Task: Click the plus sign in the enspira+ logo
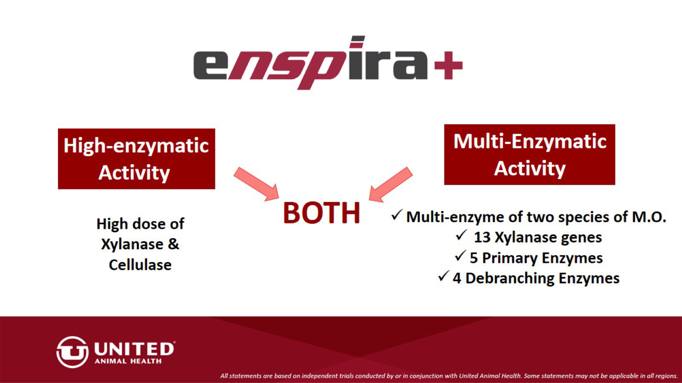(448, 65)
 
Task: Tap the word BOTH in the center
(322, 213)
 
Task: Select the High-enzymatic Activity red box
(136, 159)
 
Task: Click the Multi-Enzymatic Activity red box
(530, 155)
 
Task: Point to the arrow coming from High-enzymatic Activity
(256, 184)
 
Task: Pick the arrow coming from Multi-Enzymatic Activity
(391, 185)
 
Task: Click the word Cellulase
(140, 265)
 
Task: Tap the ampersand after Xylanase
(173, 244)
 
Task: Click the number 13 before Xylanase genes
(482, 237)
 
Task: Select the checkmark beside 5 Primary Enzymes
(460, 256)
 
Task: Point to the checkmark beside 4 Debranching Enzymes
(443, 276)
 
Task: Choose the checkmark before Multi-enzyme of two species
(397, 215)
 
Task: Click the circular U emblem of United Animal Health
(72, 352)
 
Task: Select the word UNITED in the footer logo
(134, 349)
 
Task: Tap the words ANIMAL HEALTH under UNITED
(128, 361)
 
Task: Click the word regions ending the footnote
(666, 376)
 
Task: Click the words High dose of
(140, 224)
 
